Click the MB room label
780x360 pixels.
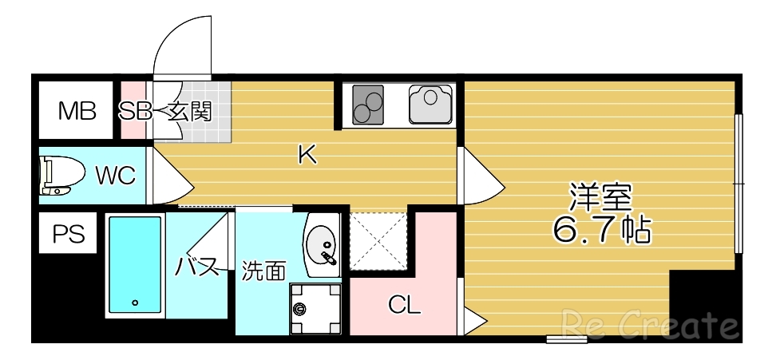(77, 111)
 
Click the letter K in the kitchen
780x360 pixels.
(307, 155)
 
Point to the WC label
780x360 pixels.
(116, 175)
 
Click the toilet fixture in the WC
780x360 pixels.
(60, 176)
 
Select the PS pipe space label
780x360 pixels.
(68, 234)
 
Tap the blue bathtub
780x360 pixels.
(134, 263)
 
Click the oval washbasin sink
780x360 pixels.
(323, 243)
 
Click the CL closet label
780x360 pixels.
(405, 304)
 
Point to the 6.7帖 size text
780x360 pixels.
(601, 230)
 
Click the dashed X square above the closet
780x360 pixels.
(379, 239)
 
